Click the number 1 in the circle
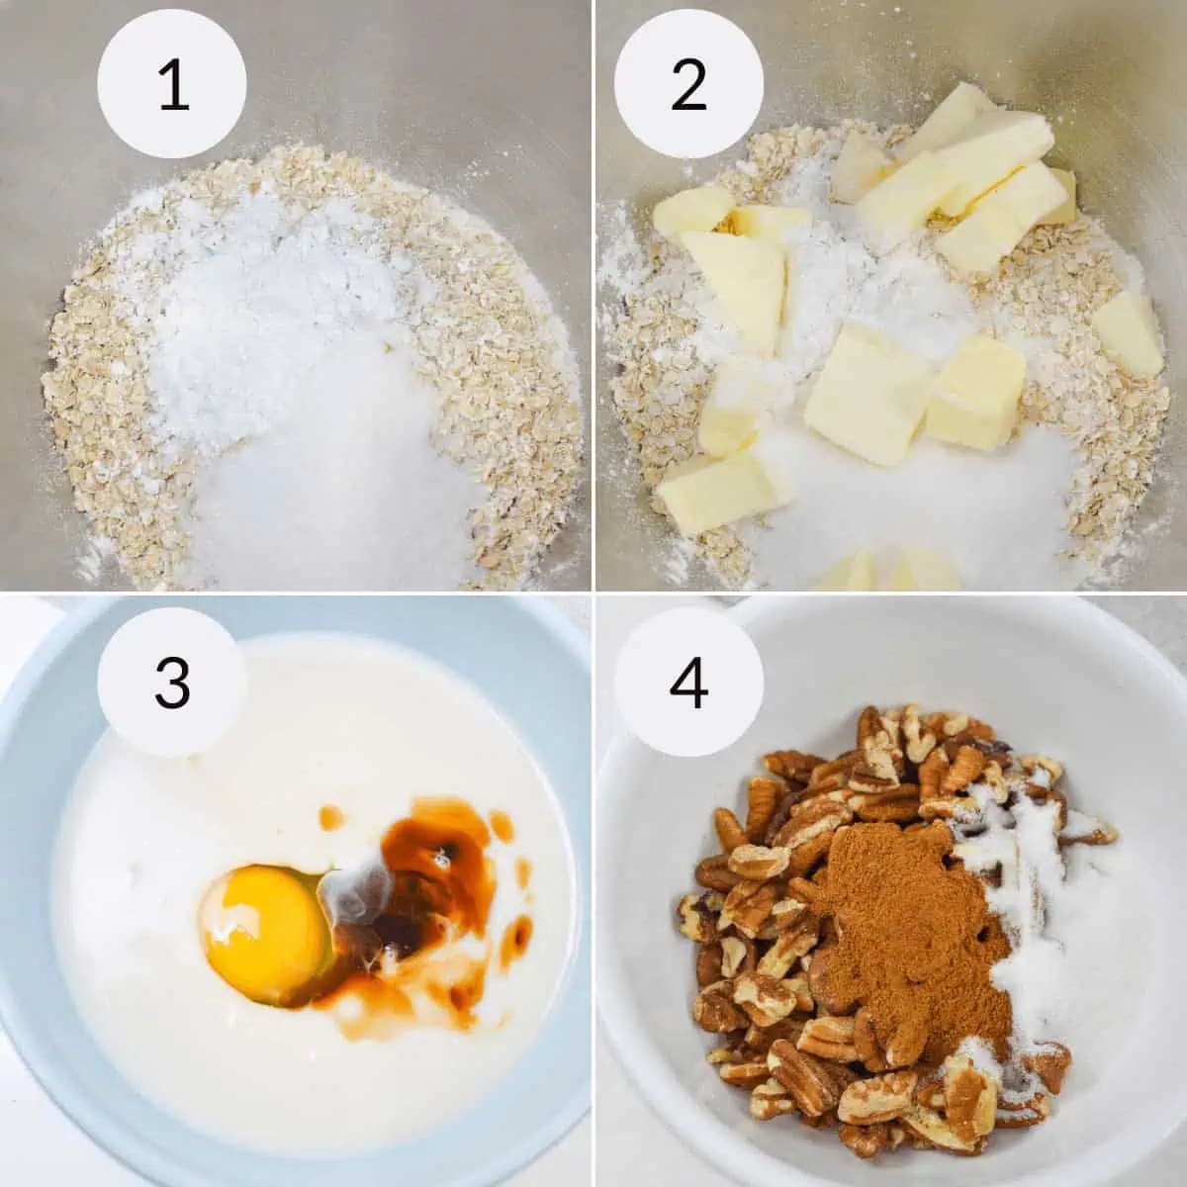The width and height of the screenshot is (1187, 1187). tap(173, 84)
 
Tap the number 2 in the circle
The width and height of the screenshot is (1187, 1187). tap(688, 85)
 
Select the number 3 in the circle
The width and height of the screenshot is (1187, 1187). tap(172, 683)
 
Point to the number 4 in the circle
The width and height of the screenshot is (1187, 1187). tap(688, 683)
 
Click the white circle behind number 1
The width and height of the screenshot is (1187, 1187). tap(172, 84)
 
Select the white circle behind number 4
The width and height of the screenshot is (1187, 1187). tap(688, 682)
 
